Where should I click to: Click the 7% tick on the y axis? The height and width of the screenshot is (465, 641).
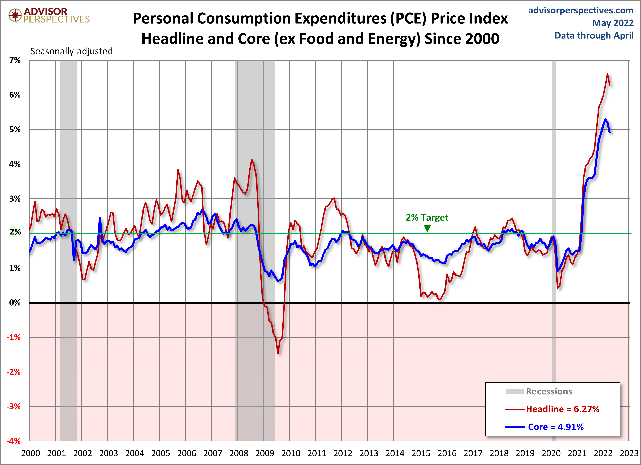[x=15, y=60]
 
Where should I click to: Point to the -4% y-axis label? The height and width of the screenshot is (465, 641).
[x=14, y=441]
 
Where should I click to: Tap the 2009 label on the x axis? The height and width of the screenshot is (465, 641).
[x=265, y=453]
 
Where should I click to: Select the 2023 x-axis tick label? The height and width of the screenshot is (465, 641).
[x=629, y=453]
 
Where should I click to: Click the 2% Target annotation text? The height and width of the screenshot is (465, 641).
[x=427, y=217]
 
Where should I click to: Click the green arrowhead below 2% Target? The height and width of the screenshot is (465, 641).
[x=427, y=228]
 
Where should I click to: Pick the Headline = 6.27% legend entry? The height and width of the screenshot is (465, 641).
[x=562, y=409]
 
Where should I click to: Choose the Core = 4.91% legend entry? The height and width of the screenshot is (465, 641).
[x=556, y=427]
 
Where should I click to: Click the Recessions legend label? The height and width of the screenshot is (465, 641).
[x=549, y=391]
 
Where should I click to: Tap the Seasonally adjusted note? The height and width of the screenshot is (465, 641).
[x=71, y=51]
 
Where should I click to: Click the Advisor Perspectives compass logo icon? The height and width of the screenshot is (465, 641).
[x=15, y=15]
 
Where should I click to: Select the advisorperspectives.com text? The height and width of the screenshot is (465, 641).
[x=581, y=10]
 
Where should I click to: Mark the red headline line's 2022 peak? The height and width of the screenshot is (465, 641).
[x=607, y=74]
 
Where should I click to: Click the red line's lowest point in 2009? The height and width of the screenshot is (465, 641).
[x=278, y=353]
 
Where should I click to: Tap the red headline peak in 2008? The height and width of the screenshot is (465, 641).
[x=252, y=159]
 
